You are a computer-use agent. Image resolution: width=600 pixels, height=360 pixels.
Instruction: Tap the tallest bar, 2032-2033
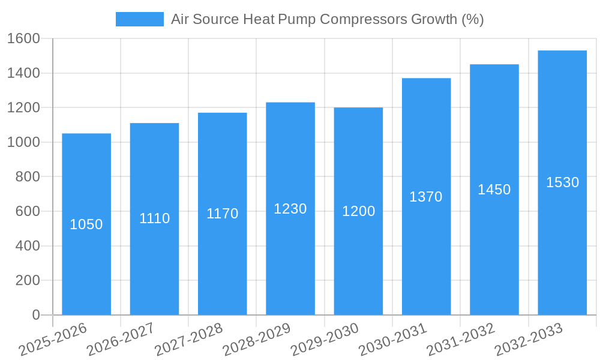point(562,252)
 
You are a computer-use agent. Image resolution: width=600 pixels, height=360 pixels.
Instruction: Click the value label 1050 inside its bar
point(86,224)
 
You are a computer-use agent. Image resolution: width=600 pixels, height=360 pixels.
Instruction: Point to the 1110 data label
point(154,218)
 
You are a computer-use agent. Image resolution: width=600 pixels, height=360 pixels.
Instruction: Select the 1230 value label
point(290,209)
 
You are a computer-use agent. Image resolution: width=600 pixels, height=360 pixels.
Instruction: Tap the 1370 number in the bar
point(426,197)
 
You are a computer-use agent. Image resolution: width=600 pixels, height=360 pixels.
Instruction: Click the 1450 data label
point(494,190)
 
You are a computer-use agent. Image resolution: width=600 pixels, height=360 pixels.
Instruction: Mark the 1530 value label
point(562,182)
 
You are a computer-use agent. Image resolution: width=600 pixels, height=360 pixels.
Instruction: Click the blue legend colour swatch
point(139,19)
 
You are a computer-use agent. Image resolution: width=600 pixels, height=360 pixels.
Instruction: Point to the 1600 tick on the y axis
point(23,38)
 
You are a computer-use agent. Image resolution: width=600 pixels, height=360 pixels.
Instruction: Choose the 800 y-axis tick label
point(28,177)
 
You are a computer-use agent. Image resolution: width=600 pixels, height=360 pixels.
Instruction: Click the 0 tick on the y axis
point(35,315)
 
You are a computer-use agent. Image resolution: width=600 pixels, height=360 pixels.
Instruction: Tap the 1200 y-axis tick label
point(23,108)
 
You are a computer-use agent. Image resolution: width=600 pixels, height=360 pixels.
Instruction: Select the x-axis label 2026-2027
point(121,339)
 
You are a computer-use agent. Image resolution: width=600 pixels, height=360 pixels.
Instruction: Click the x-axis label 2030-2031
point(393,339)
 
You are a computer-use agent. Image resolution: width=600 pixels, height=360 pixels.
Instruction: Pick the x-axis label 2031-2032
point(461,339)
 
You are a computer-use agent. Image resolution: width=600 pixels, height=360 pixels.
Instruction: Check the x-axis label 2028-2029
point(257,339)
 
